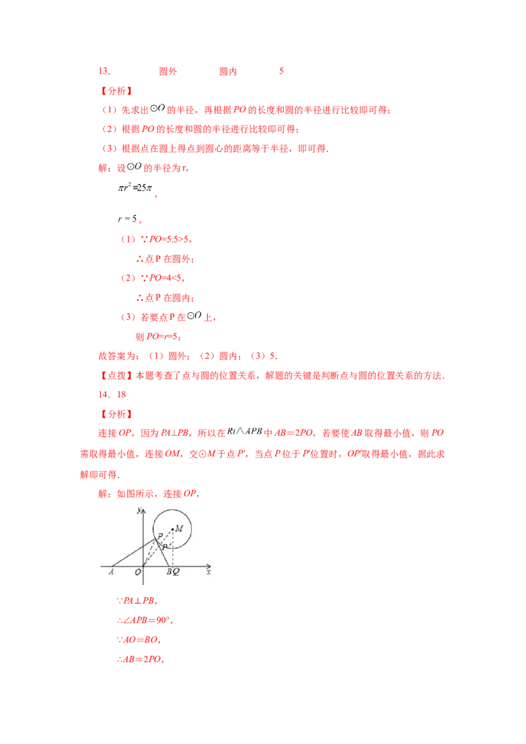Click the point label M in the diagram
coord(179,528)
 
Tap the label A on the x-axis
coord(111,572)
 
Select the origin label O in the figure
coord(137,572)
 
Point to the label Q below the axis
coord(176,572)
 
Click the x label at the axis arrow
coord(208,572)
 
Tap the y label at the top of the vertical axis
coord(139,510)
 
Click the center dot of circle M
coord(172,529)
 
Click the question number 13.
coord(104,71)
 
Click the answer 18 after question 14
coord(122,394)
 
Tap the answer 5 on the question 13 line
coord(281,71)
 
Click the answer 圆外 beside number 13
coord(168,71)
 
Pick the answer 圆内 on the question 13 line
coord(228,71)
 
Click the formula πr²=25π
coord(135,188)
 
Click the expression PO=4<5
coord(165,277)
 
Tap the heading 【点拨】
coord(117,375)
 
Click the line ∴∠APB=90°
coord(144,620)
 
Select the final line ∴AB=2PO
coord(140,659)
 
